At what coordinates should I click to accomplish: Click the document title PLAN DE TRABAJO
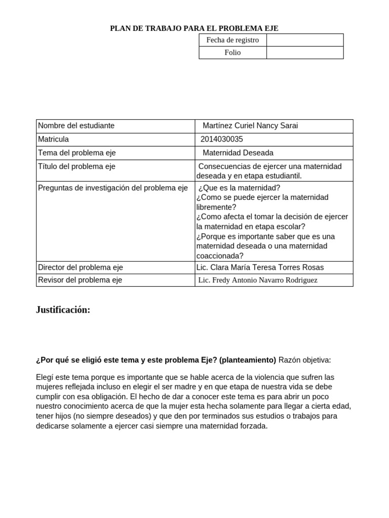(194, 28)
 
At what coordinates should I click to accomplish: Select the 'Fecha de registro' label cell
(232, 40)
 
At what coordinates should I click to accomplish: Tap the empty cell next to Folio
(304, 53)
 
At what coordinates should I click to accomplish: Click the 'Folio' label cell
(232, 53)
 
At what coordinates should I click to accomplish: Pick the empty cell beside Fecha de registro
(304, 40)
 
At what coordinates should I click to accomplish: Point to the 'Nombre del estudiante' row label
(76, 125)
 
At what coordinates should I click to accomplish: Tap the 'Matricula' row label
(54, 139)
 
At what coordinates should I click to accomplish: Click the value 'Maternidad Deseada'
(238, 153)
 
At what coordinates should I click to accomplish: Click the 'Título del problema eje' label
(77, 166)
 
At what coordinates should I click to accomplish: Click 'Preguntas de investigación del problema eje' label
(113, 188)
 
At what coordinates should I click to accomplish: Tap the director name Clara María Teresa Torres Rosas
(260, 267)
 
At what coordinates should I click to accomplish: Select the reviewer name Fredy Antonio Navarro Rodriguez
(258, 280)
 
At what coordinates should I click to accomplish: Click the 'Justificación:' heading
(63, 310)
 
